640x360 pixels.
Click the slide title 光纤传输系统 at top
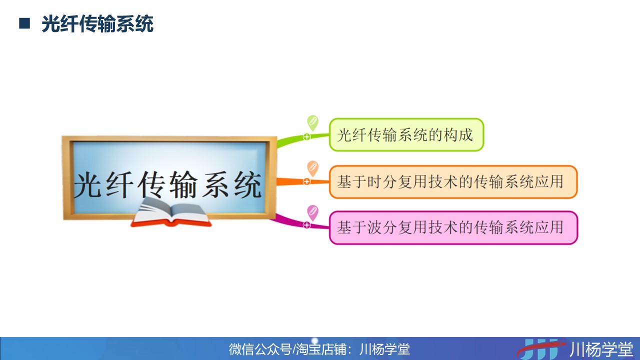[x=97, y=24]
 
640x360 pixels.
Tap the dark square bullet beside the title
[x=24, y=23]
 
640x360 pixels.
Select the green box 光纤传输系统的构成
[x=406, y=134]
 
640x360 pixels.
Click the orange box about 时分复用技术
[x=453, y=181]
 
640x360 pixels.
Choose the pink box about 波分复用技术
[x=453, y=227]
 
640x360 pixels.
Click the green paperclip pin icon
[x=312, y=123]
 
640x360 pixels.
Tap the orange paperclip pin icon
[x=312, y=168]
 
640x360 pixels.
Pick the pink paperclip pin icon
[x=312, y=213]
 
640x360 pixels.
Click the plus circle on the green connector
[x=306, y=137]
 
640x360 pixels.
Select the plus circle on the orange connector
[x=306, y=181]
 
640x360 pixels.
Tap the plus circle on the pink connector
[x=306, y=225]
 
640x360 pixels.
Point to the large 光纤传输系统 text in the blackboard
[x=167, y=184]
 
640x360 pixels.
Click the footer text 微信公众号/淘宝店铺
[x=288, y=349]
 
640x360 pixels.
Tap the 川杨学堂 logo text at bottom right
[x=601, y=349]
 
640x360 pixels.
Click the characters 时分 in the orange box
[x=382, y=181]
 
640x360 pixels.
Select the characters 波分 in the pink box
[x=382, y=227]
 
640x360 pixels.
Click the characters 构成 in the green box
[x=458, y=135]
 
